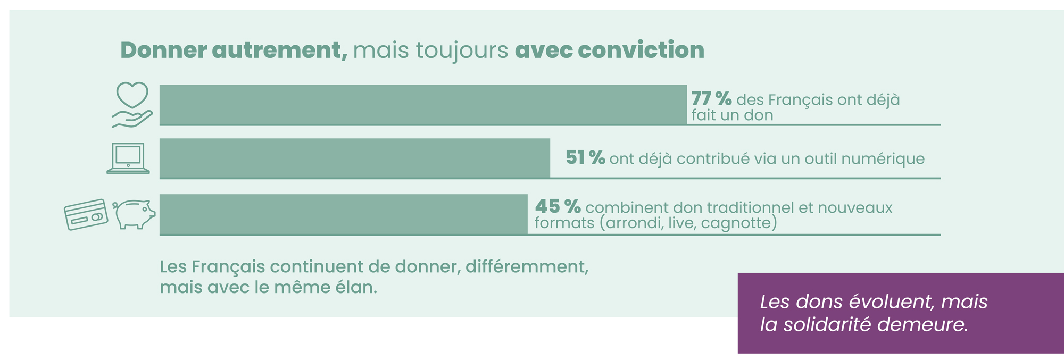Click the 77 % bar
coord(423,105)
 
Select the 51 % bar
coord(355,158)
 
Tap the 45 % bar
coord(344,214)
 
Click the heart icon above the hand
coord(132,95)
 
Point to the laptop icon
coord(128,158)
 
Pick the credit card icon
coord(86,214)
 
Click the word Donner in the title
coord(164,51)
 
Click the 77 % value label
coord(711,98)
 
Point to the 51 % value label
coord(585,157)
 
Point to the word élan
coord(356,287)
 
